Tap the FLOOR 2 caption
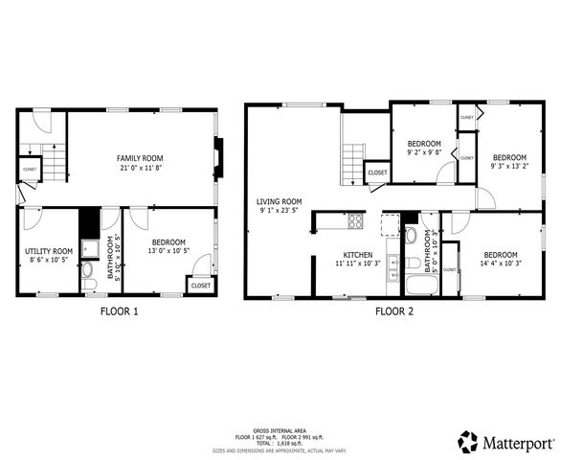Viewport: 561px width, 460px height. click(x=393, y=310)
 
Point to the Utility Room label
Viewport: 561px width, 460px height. click(x=48, y=251)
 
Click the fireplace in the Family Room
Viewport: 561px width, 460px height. click(x=219, y=158)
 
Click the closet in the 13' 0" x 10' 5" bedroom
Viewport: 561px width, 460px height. click(x=201, y=285)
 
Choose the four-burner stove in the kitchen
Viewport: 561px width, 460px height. click(x=355, y=221)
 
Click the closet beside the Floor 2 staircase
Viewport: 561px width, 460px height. click(x=377, y=172)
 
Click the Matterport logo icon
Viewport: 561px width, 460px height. click(x=468, y=442)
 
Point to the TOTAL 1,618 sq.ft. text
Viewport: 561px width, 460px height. click(x=280, y=444)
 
